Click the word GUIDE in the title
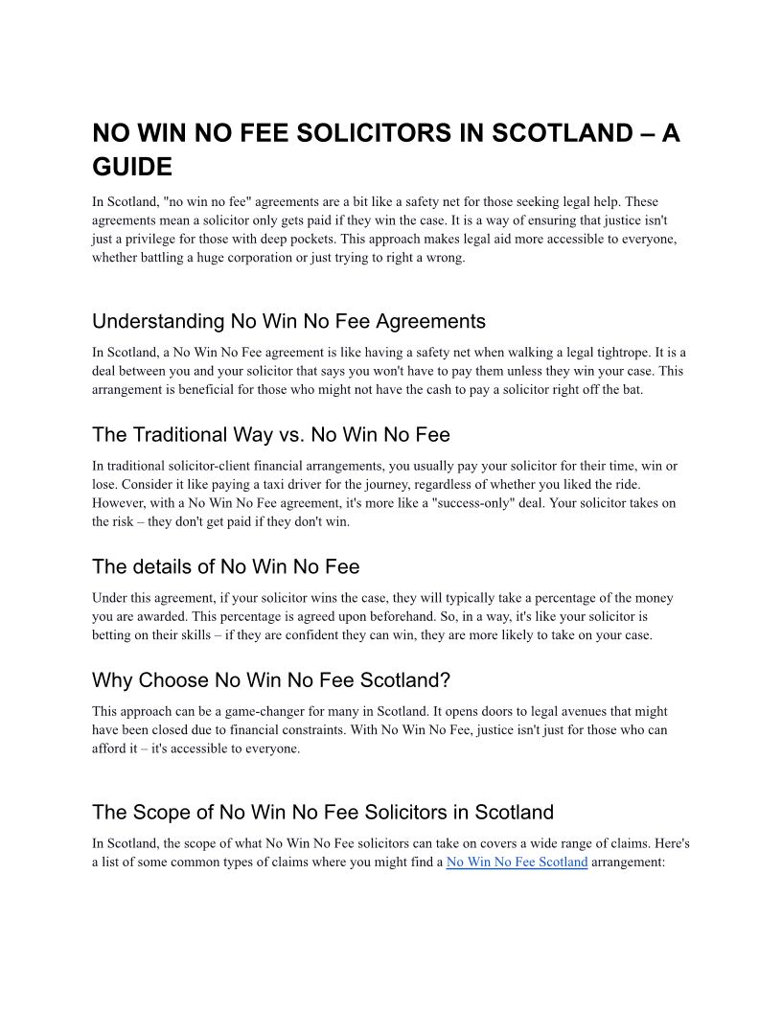pyautogui.click(x=132, y=168)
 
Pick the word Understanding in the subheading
pyautogui.click(x=158, y=321)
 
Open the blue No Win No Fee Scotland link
pyautogui.click(x=517, y=862)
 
